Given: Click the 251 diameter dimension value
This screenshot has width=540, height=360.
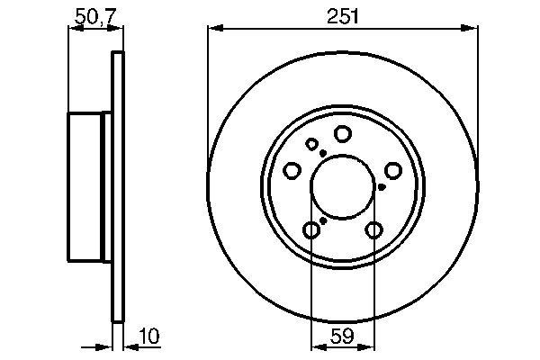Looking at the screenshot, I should click(x=342, y=14).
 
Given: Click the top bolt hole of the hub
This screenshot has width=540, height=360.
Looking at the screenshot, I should click(x=342, y=134).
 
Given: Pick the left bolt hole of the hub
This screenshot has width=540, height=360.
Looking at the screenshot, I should click(x=292, y=171).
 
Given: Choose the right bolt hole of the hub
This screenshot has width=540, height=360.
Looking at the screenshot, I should click(x=392, y=170).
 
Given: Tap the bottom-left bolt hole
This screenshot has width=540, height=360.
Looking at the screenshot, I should click(x=310, y=230).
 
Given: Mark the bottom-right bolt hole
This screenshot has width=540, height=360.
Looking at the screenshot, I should click(x=373, y=230).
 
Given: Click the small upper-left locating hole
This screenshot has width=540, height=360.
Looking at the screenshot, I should click(x=311, y=144).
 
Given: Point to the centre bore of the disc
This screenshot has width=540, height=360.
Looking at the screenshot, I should click(x=342, y=187).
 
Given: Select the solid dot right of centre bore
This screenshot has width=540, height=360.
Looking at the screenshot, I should click(x=382, y=187).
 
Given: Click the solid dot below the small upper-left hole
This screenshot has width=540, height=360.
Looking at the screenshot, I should click(x=322, y=154).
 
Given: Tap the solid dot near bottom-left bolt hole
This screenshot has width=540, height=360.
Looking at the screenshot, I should click(x=322, y=220).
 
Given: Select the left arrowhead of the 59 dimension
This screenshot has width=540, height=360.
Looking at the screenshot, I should click(x=315, y=347).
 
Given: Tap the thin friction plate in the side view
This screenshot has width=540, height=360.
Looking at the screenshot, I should click(x=115, y=187).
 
